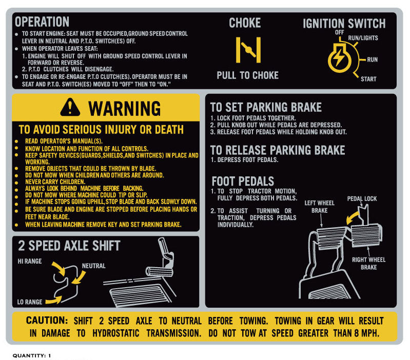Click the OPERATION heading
click(42, 22)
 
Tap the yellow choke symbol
click(248, 50)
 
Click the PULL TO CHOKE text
click(247, 75)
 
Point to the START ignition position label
click(368, 79)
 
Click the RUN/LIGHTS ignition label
click(363, 38)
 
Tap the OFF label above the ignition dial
click(339, 32)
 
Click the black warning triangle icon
click(70, 107)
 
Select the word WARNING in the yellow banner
click(125, 108)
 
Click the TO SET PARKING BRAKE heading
click(266, 107)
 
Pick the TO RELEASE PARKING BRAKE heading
click(278, 150)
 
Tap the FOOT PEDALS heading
click(243, 182)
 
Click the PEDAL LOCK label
click(362, 199)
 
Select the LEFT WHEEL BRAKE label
click(319, 207)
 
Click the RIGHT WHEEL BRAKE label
click(368, 264)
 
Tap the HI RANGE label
click(30, 261)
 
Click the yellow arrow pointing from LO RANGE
click(54, 300)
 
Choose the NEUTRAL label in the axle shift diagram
click(93, 266)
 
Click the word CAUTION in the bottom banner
click(47, 321)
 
